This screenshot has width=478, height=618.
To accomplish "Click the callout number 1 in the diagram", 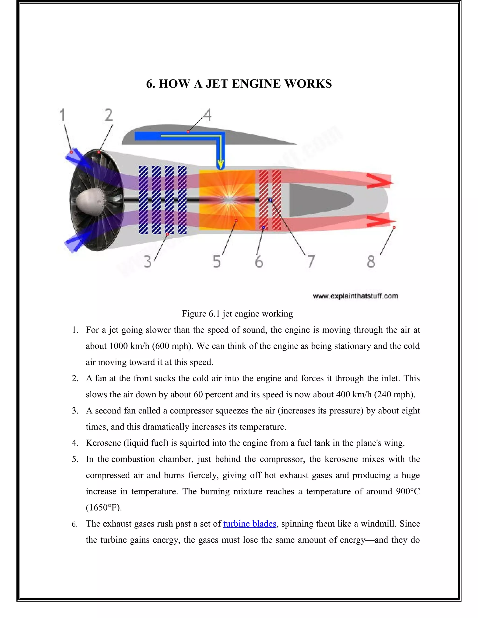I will [62, 115].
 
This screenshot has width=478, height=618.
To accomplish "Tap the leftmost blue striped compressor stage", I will [143, 200].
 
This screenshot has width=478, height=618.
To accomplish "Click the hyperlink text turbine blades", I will [250, 524].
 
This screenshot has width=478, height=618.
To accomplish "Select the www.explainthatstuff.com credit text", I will [355, 296].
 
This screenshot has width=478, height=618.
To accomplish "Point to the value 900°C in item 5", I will [408, 492].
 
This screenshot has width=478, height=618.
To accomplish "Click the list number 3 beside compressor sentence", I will [75, 411].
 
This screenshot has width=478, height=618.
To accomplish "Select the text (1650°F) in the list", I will [104, 508].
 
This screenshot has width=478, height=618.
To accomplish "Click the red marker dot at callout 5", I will [236, 220].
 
